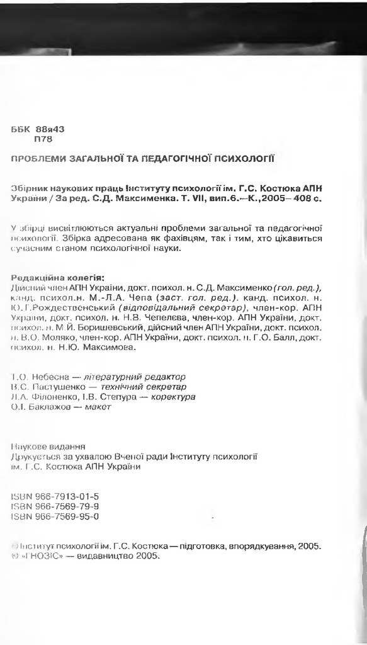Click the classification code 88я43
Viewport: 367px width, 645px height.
click(x=51, y=129)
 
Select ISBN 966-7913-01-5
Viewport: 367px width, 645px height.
click(x=55, y=496)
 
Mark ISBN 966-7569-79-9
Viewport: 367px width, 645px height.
click(x=55, y=506)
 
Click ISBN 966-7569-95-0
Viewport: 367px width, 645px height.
click(x=55, y=516)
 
